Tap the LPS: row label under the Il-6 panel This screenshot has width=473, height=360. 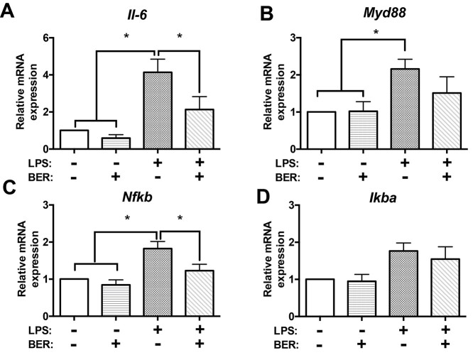pos(34,160)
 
